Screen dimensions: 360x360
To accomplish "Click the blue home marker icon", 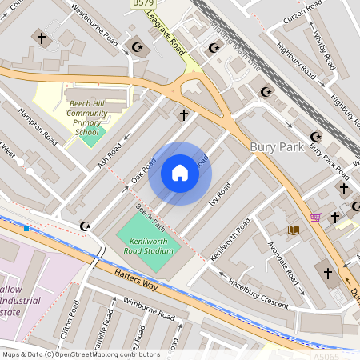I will pos(180,173).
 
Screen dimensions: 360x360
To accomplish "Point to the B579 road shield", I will pos(142,5).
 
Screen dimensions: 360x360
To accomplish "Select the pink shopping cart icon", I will pos(315,217).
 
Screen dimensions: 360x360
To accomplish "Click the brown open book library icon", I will pos(294,230).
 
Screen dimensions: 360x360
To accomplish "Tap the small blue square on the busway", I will pos(26,229).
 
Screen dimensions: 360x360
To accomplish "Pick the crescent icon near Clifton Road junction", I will pos(86,227).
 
